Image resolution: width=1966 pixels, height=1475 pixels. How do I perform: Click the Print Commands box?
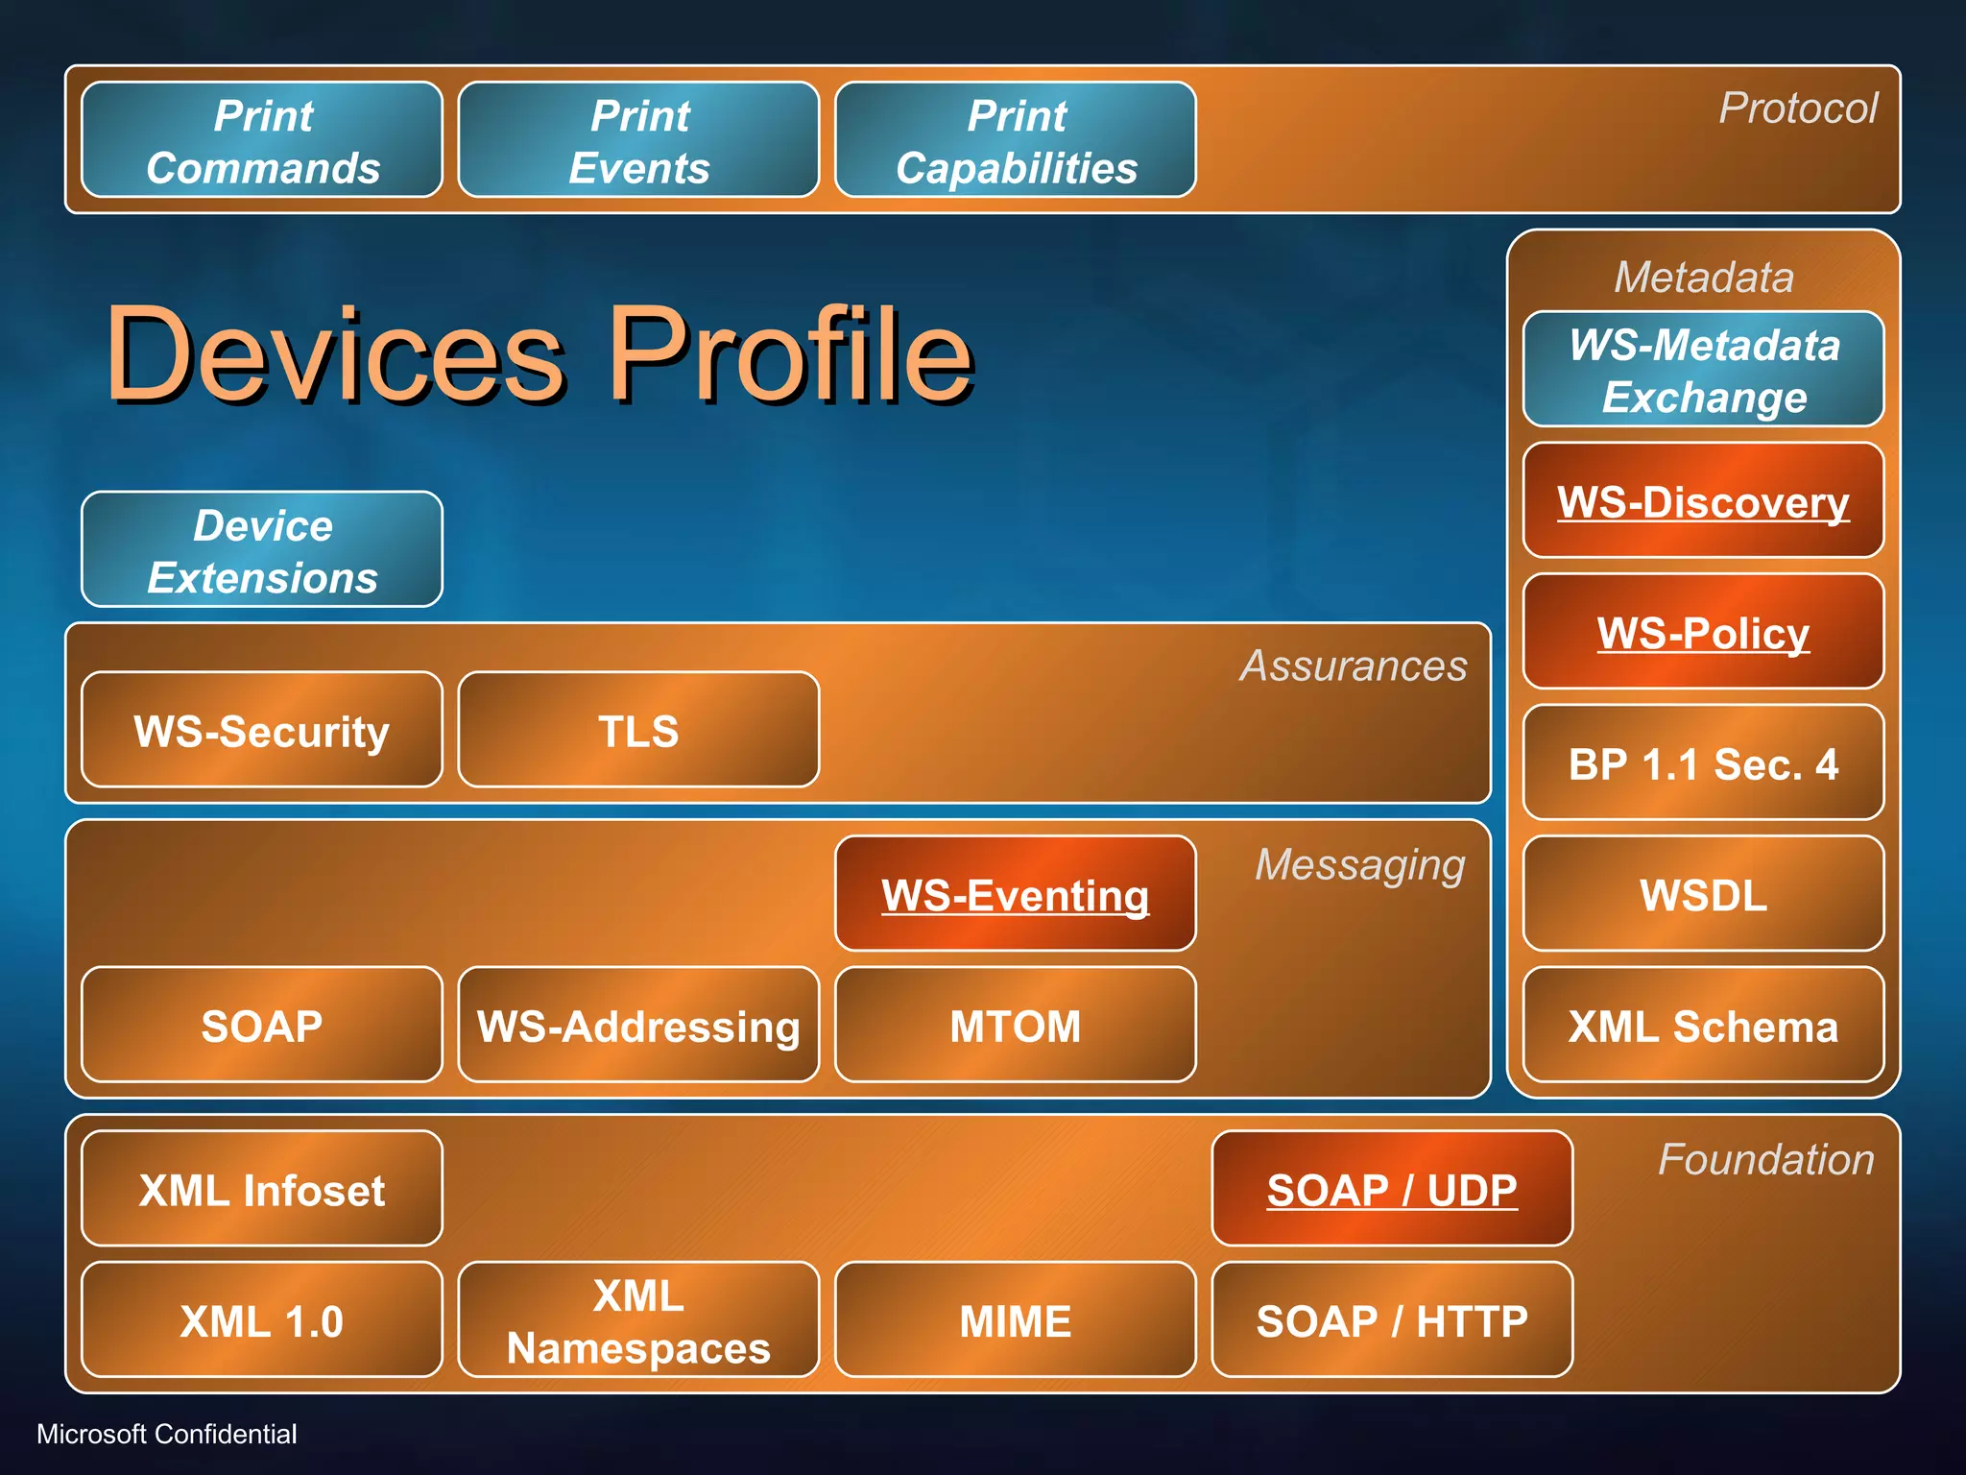click(262, 140)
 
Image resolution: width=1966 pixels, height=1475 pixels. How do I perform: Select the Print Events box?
click(638, 140)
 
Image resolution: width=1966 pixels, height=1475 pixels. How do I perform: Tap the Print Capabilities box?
click(1016, 140)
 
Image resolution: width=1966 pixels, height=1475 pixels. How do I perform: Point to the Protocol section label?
click(1797, 108)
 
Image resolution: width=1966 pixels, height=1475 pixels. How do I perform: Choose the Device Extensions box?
click(262, 550)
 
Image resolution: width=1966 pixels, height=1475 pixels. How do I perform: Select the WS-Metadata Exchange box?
click(1703, 370)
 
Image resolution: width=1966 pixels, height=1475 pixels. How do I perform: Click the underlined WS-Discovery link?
click(1703, 502)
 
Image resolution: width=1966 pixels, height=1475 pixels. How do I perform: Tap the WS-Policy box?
click(1703, 633)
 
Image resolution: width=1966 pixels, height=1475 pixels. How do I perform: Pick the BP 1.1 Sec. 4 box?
click(1703, 764)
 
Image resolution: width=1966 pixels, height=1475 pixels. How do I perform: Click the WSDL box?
click(1703, 895)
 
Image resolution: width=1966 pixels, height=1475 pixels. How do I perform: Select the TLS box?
click(638, 731)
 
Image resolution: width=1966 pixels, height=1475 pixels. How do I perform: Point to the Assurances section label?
click(1354, 665)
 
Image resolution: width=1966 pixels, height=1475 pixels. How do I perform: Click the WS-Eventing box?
click(1016, 895)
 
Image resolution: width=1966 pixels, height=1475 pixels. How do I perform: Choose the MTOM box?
click(1016, 1026)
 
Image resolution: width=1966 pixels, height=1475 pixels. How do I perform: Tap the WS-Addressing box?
click(638, 1026)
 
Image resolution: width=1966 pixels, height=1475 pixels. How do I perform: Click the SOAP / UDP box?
click(1392, 1190)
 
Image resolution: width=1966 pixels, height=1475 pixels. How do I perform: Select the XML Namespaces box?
click(638, 1320)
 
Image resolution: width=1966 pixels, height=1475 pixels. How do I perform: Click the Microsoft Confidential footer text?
click(166, 1434)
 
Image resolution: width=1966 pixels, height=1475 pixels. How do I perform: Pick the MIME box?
click(1016, 1320)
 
